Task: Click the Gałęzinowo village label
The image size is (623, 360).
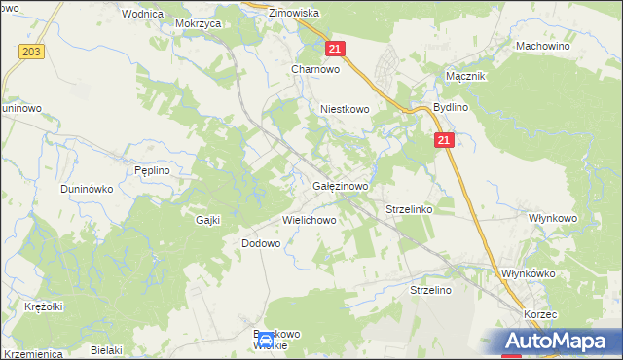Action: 340,186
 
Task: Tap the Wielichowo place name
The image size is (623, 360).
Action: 310,220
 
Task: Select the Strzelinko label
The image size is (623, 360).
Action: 409,209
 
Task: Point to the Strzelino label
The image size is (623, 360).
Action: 433,290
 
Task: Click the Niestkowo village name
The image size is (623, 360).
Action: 346,110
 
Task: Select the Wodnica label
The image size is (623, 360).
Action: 142,15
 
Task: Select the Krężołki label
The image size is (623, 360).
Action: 44,306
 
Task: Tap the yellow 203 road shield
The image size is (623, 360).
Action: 32,51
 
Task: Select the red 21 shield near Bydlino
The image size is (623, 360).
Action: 445,141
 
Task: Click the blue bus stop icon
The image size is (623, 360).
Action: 266,341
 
